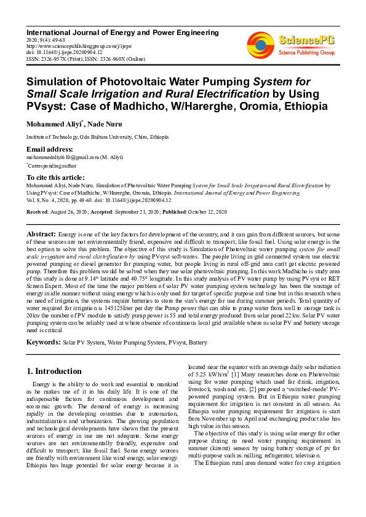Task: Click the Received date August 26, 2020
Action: [x=70, y=211]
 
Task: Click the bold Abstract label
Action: [x=41, y=235]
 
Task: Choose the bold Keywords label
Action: [x=43, y=341]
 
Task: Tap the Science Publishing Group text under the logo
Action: [x=306, y=53]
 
